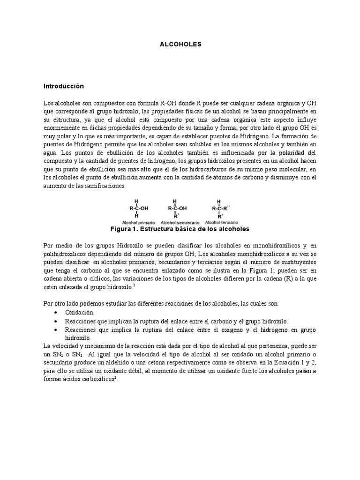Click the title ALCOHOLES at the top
[180, 44]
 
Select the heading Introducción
[63, 86]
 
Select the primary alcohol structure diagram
[137, 208]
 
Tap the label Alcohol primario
[137, 222]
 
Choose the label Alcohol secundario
[180, 222]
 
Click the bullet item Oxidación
[80, 312]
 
